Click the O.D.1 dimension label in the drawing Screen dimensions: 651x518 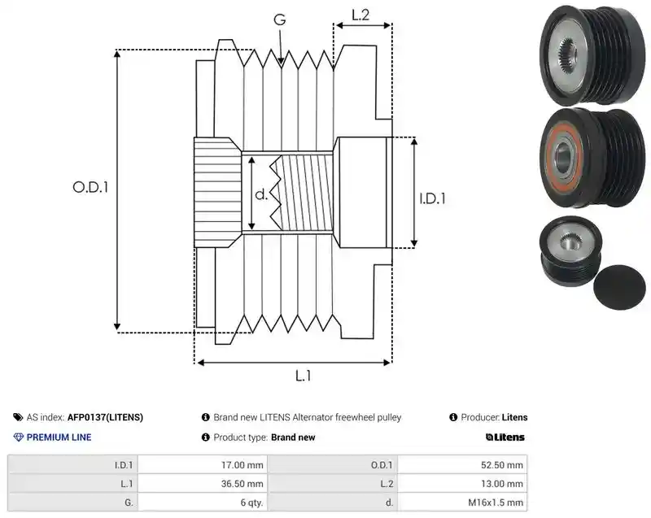(x=90, y=188)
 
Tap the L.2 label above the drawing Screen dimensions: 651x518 (x=360, y=15)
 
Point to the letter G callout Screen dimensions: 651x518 (x=280, y=20)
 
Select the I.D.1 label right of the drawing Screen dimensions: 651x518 (x=432, y=198)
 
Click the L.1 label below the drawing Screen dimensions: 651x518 (x=303, y=377)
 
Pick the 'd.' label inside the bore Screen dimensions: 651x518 (x=261, y=194)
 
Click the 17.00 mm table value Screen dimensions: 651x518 (x=242, y=465)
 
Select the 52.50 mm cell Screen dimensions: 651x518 (x=501, y=465)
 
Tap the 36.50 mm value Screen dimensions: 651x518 (x=242, y=484)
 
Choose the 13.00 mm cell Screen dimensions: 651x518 (x=501, y=484)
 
